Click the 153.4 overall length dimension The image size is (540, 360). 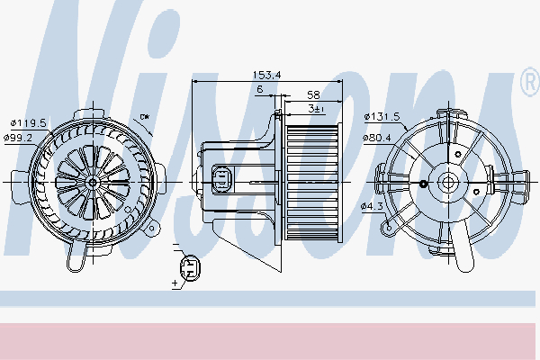[x=267, y=75]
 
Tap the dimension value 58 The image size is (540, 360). [x=313, y=94]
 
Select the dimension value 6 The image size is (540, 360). [x=260, y=89]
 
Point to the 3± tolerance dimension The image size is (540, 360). [x=316, y=109]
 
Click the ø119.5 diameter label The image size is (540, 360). [x=29, y=123]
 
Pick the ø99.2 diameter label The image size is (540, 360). [x=18, y=138]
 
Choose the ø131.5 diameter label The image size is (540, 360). [x=382, y=117]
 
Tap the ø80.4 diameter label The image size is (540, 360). [x=377, y=138]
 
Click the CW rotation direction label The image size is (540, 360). [x=145, y=117]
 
